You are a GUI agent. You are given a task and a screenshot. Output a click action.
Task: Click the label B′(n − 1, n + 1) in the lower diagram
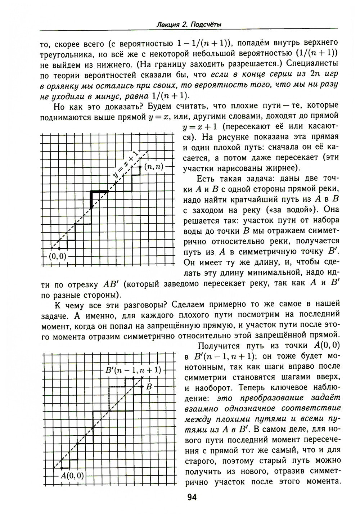point(133,370)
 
